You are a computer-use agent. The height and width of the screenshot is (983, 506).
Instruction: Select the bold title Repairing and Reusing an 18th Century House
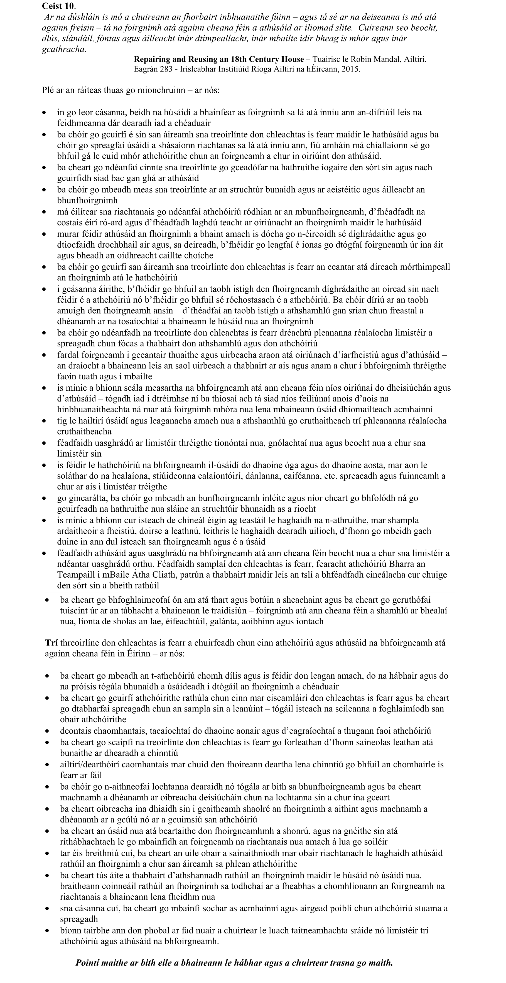pos(219,60)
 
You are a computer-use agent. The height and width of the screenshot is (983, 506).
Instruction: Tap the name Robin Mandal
pos(375,60)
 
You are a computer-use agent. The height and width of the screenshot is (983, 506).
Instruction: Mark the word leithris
pos(237,531)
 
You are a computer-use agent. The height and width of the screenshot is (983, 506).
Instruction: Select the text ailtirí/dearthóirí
pos(91,764)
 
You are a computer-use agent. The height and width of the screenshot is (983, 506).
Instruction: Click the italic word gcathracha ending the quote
pos(64,49)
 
